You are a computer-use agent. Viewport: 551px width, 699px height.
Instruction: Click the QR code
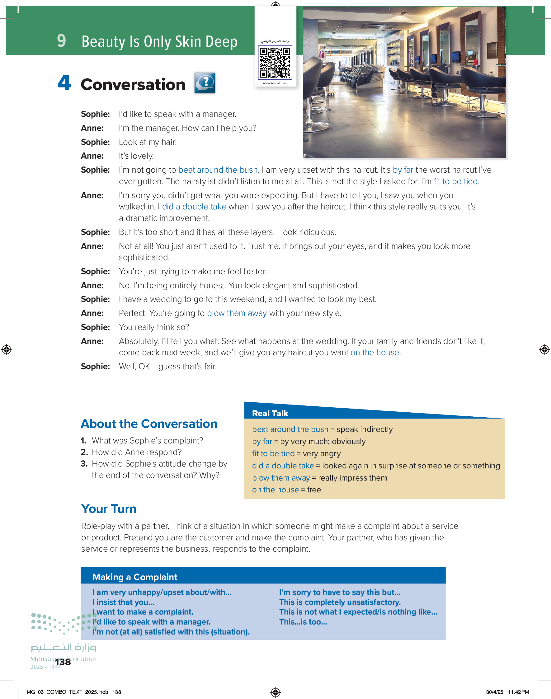coord(275,63)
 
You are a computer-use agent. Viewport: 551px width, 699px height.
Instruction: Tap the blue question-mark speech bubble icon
coord(205,83)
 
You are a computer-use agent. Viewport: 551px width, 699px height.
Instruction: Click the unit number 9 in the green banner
coord(61,41)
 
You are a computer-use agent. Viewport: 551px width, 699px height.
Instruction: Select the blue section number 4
coord(64,83)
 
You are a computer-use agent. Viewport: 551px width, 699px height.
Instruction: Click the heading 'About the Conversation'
coord(149,424)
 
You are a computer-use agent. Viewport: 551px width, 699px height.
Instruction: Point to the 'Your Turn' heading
coord(109,509)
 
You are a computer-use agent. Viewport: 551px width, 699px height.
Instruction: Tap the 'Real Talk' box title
coord(270,413)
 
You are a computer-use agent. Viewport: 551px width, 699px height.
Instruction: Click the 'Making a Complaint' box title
coord(135,577)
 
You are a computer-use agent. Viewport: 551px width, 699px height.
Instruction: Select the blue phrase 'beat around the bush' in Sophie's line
coord(218,170)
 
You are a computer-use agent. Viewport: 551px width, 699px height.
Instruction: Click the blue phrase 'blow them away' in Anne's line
coord(237,313)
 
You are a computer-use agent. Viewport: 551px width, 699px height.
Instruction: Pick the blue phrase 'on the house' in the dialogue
coord(374,352)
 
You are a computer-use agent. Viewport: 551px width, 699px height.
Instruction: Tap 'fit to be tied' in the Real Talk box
coord(273,454)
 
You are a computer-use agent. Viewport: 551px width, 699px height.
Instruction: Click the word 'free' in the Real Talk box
coord(314,490)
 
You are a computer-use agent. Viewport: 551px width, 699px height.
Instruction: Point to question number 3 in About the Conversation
coord(84,464)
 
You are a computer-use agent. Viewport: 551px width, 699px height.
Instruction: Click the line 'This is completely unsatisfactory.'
coord(340,602)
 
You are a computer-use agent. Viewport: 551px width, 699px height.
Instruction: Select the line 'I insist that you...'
coord(124,602)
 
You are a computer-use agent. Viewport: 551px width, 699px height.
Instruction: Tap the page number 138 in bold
coord(63,662)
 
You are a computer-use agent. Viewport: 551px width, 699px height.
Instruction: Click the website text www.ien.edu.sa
coord(275,83)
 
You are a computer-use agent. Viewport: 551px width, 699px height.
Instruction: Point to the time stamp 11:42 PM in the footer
coord(518,692)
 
